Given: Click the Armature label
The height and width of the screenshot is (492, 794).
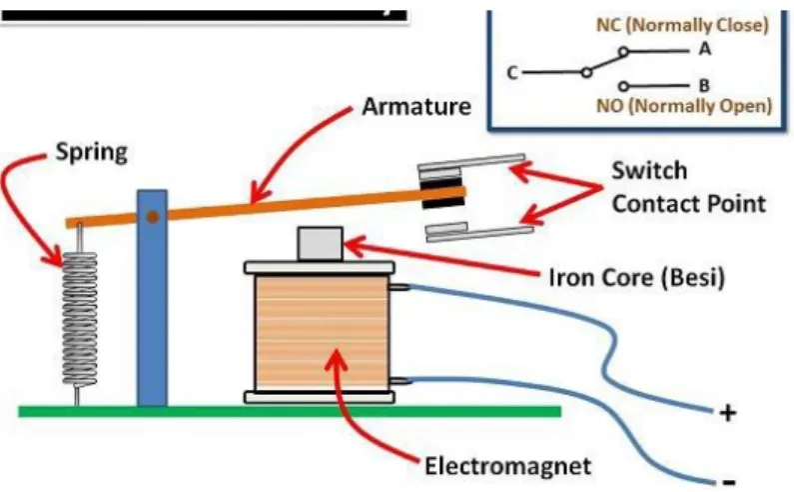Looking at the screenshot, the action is pyautogui.click(x=416, y=107).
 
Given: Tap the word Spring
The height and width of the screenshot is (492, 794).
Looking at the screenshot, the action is pyautogui.click(x=91, y=152).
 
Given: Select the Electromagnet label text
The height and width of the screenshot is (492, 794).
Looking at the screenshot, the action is pyautogui.click(x=507, y=466).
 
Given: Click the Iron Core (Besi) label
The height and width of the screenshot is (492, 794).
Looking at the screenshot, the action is pyautogui.click(x=636, y=277).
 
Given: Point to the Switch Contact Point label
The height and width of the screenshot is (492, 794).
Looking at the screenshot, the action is pyautogui.click(x=689, y=187).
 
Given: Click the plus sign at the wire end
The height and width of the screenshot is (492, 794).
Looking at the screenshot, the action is pyautogui.click(x=728, y=413).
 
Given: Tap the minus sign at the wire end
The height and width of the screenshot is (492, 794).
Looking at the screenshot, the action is pyautogui.click(x=729, y=481).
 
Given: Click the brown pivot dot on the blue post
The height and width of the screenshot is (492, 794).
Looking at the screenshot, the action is pyautogui.click(x=153, y=217).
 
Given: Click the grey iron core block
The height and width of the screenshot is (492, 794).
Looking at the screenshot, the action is pyautogui.click(x=320, y=243).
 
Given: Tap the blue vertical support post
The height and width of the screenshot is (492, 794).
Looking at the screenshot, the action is pyautogui.click(x=152, y=298).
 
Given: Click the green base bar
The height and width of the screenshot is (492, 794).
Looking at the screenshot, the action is pyautogui.click(x=290, y=411).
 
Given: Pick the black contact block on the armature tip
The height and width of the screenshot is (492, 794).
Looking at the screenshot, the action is pyautogui.click(x=442, y=192).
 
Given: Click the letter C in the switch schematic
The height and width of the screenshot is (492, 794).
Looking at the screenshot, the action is pyautogui.click(x=512, y=73).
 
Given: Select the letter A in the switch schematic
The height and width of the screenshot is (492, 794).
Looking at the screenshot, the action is pyautogui.click(x=705, y=49).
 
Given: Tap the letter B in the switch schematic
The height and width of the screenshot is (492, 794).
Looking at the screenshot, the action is pyautogui.click(x=704, y=85).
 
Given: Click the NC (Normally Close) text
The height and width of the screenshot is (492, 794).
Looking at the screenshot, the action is pyautogui.click(x=682, y=25).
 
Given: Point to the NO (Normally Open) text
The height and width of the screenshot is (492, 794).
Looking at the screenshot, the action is pyautogui.click(x=684, y=106).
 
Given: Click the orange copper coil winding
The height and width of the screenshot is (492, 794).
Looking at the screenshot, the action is pyautogui.click(x=322, y=333).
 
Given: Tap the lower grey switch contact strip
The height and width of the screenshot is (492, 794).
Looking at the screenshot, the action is pyautogui.click(x=479, y=232).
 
